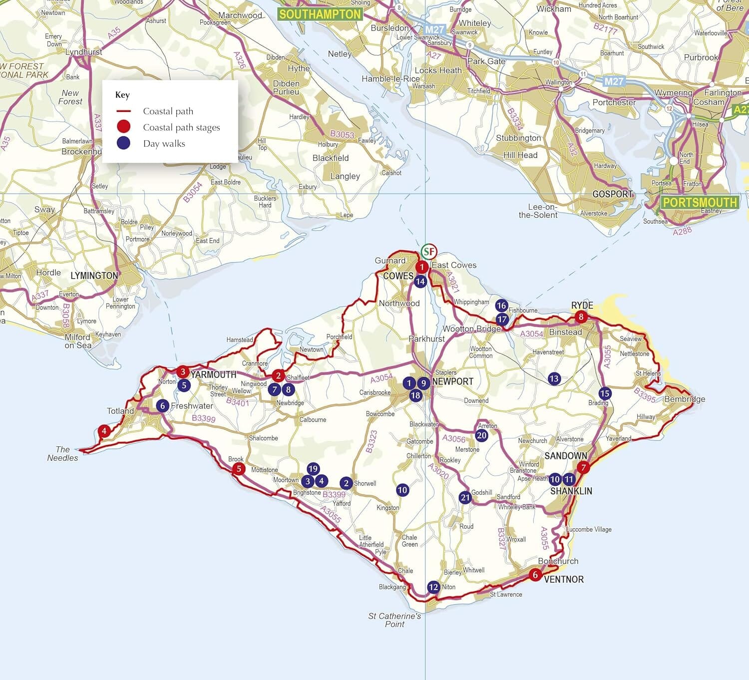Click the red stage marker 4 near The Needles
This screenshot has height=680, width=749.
coord(104,431)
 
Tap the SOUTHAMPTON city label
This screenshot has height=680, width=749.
coord(320,14)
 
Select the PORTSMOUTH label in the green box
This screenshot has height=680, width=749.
coord(700,202)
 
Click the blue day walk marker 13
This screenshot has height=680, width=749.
coord(554,378)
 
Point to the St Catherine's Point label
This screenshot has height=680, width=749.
coord(394,620)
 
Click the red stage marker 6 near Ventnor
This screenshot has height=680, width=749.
coord(535,575)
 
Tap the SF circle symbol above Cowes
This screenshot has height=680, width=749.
coord(428,251)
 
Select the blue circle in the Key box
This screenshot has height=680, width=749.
coord(123,143)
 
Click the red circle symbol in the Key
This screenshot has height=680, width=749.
coord(123,127)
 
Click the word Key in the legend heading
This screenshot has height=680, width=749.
coord(122,95)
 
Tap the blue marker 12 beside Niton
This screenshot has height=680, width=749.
coord(433,587)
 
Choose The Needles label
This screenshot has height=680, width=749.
coord(63,453)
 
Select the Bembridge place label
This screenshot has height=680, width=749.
coord(685,399)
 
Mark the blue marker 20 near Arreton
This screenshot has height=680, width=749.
coord(481,435)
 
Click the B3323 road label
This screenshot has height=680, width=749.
coord(371,441)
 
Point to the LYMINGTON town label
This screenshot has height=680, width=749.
coord(94,276)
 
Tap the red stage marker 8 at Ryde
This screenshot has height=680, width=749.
coord(581,317)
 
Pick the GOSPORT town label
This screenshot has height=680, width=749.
coord(613,194)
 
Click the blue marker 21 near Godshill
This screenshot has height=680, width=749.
coord(465,497)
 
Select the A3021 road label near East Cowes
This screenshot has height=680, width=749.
coord(452,282)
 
